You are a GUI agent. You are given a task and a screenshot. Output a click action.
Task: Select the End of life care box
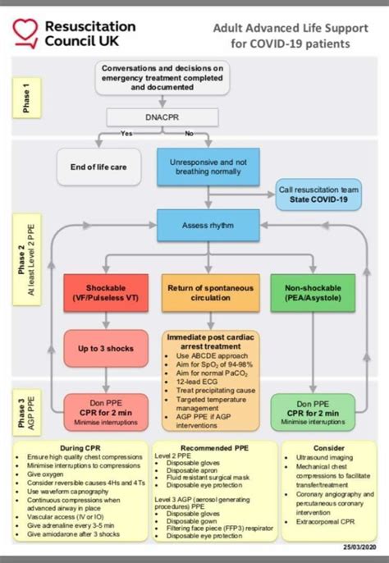(97, 167)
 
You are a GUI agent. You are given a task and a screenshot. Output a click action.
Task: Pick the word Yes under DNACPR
(126, 132)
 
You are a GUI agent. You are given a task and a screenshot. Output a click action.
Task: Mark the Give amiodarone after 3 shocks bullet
(79, 534)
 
